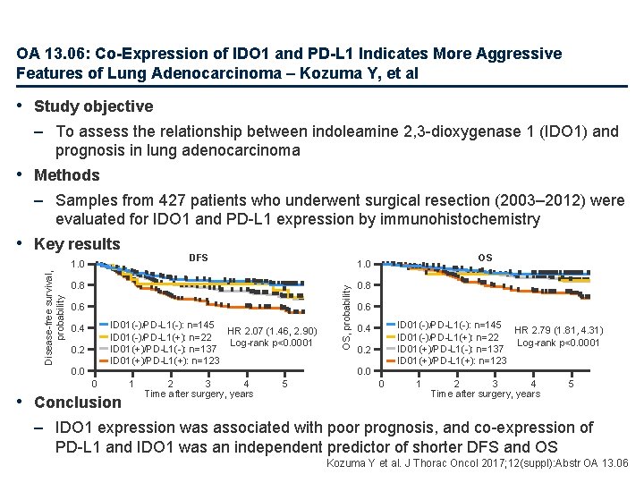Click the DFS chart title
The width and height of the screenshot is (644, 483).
click(198, 258)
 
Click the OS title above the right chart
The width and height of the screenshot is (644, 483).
click(485, 258)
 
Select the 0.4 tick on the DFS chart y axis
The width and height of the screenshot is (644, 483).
click(79, 328)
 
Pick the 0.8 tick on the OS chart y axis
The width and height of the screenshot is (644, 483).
click(364, 285)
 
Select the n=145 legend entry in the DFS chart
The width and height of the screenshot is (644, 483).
click(162, 325)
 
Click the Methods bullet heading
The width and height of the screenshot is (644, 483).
click(66, 175)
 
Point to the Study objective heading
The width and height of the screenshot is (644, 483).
click(93, 106)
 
